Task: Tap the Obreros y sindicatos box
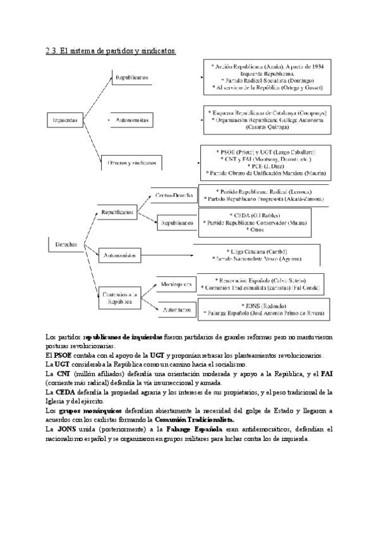[131, 163]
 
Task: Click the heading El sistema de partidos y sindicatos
[111, 50]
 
